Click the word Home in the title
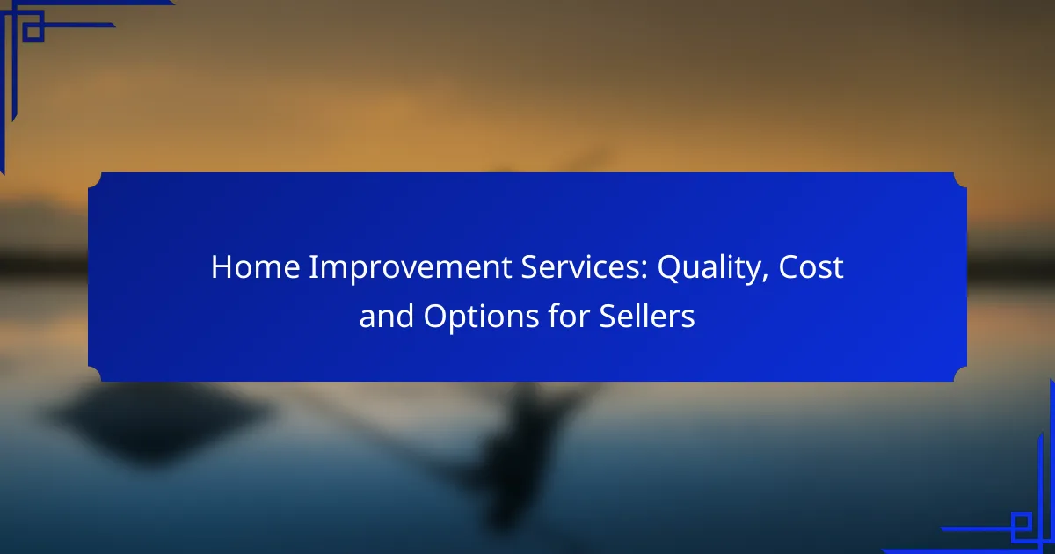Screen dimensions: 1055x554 255,267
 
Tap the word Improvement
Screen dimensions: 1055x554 411,268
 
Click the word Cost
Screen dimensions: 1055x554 811,267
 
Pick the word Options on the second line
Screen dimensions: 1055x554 481,317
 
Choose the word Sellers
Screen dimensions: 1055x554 647,315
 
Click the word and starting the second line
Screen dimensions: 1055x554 386,315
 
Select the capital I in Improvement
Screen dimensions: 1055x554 313,267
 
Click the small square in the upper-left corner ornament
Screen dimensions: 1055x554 33,31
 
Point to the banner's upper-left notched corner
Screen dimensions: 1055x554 95,179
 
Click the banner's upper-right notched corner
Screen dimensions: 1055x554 960,179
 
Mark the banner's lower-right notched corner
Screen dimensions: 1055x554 960,375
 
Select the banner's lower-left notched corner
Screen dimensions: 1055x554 95,375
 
